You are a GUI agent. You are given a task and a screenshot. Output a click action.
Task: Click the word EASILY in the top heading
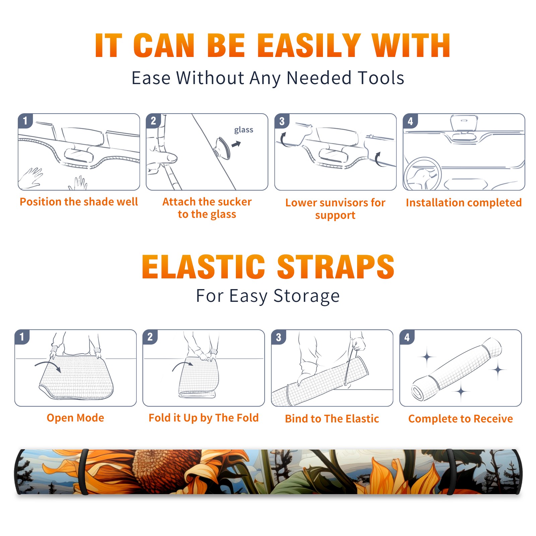(x=309, y=46)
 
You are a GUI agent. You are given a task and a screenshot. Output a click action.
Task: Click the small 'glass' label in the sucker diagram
(x=244, y=130)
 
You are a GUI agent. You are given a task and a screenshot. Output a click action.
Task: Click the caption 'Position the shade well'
(x=79, y=202)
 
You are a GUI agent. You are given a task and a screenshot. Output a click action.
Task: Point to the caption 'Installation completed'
(x=464, y=202)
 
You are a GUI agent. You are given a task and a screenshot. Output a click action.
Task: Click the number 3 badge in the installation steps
(x=282, y=121)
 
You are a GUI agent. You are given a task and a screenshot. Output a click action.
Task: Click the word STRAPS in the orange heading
(x=336, y=267)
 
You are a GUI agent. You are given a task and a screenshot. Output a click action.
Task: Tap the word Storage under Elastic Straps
(x=307, y=296)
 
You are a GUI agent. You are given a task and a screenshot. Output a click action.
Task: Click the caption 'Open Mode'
(x=75, y=418)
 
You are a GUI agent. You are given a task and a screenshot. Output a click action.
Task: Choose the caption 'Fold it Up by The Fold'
(x=204, y=418)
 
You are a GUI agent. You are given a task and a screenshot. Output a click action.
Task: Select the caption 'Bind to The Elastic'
(x=332, y=418)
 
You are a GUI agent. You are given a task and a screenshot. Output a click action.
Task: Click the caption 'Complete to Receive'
(x=461, y=418)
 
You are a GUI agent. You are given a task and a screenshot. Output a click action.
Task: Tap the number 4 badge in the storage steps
(x=407, y=337)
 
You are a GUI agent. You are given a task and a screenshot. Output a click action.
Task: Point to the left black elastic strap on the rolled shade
(x=83, y=472)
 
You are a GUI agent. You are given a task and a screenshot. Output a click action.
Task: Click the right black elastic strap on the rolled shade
(x=450, y=472)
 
